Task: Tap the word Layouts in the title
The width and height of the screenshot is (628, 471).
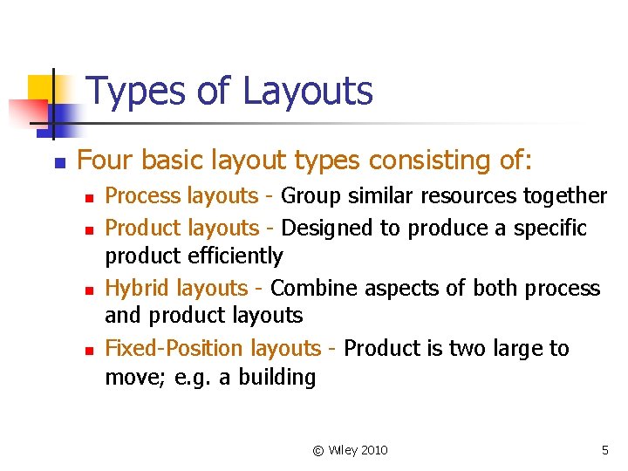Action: pos(306,92)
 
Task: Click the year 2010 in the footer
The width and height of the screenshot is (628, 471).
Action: pos(373,450)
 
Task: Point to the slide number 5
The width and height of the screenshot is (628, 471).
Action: pos(604,450)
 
